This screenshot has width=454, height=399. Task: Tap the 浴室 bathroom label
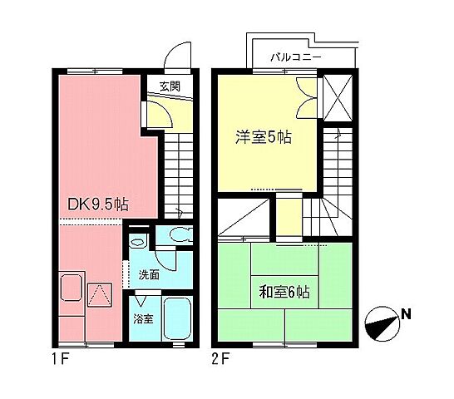pyautogui.click(x=143, y=318)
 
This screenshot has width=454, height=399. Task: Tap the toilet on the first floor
pyautogui.click(x=177, y=236)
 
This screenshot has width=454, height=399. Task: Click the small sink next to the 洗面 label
pyautogui.click(x=137, y=243)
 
